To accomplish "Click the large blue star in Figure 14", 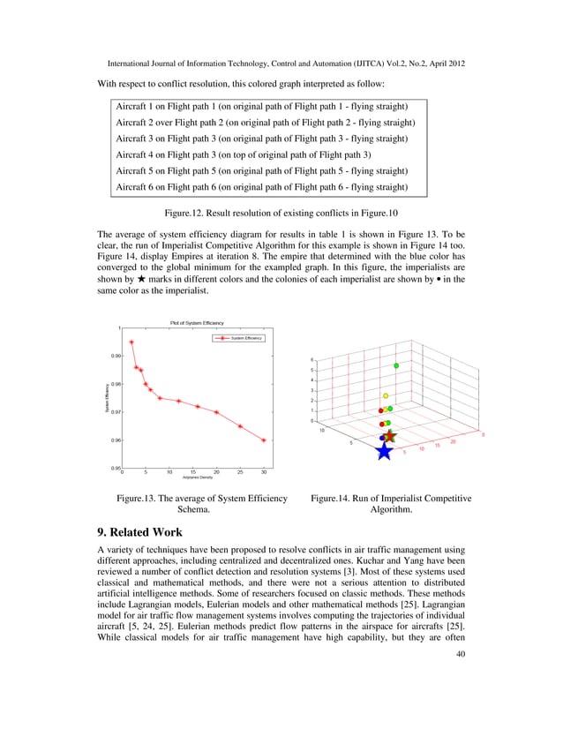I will click(384, 451).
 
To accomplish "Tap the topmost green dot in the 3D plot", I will click(396, 365).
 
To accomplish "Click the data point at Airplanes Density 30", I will click(264, 440).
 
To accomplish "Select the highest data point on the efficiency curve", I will click(131, 342).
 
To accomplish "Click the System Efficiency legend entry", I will click(236, 338).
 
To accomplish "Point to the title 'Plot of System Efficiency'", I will click(192, 323).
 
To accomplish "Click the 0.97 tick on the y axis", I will click(116, 411).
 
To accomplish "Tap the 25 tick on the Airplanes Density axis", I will click(240, 472).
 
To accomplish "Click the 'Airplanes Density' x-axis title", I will click(198, 477).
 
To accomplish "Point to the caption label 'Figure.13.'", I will click(142, 499).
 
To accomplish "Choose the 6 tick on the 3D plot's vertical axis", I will click(312, 359).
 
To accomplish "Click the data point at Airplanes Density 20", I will click(216, 412).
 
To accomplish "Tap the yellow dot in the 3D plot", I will click(386, 395).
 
